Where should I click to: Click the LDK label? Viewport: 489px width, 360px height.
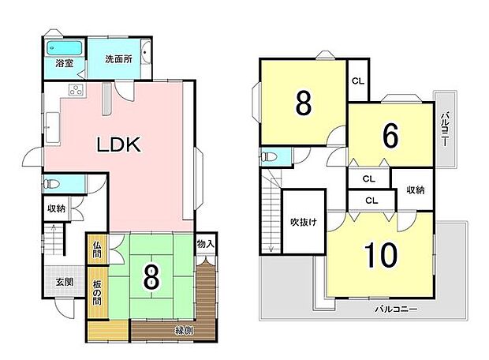pyautogui.click(x=118, y=144)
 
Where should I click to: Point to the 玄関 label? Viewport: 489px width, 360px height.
pyautogui.click(x=63, y=282)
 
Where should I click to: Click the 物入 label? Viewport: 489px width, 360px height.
pyautogui.click(x=205, y=244)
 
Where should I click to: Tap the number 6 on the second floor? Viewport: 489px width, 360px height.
pyautogui.click(x=390, y=135)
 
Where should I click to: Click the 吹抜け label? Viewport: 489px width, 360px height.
pyautogui.click(x=303, y=222)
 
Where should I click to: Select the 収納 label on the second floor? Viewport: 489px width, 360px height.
pyautogui.click(x=415, y=189)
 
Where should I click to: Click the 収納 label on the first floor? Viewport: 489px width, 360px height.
pyautogui.click(x=55, y=208)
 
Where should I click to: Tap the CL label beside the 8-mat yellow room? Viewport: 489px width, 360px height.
pyautogui.click(x=357, y=81)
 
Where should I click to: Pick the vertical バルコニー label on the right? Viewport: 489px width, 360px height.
pyautogui.click(x=446, y=128)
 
